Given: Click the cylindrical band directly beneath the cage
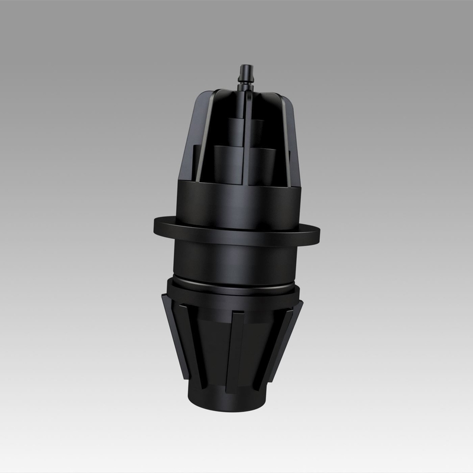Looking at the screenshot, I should pos(239,201).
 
